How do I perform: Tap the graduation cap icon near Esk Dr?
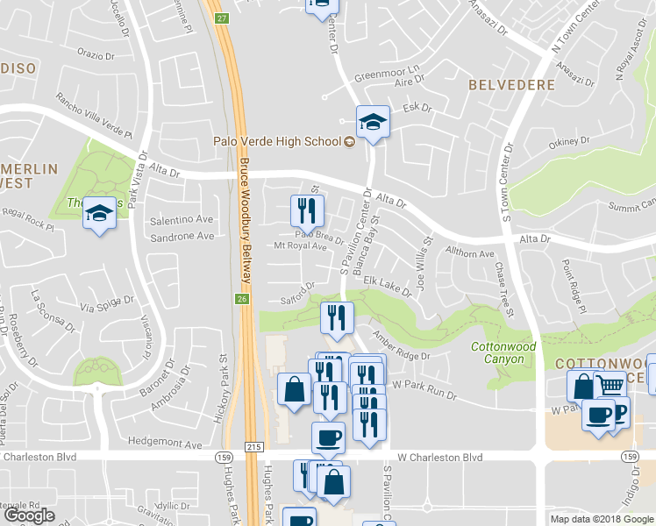click(x=373, y=123)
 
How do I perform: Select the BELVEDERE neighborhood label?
click(x=511, y=85)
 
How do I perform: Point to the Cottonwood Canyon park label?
click(x=503, y=352)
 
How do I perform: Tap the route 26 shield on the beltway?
click(x=242, y=299)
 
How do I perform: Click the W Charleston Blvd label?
click(x=439, y=457)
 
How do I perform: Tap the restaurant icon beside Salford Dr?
click(x=337, y=317)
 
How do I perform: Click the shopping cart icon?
click(x=610, y=385)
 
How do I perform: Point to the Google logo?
click(x=29, y=515)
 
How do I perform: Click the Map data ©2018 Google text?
click(x=601, y=518)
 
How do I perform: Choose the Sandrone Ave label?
click(x=182, y=237)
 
